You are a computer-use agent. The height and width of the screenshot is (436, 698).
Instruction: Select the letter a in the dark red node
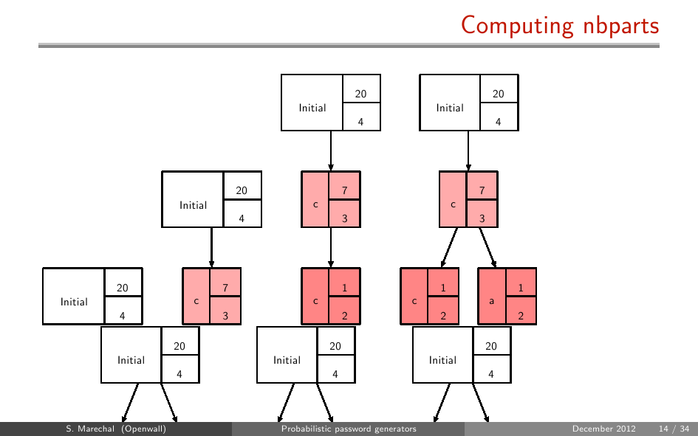point(491,302)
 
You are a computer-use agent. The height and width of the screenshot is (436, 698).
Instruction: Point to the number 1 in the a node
point(521,288)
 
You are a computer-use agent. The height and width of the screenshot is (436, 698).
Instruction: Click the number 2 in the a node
point(521,316)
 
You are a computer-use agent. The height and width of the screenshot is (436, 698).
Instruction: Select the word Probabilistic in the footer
point(306,429)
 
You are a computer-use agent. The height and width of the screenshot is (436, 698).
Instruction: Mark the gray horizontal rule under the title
point(349,45)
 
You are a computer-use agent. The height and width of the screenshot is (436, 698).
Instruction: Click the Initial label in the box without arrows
point(74,302)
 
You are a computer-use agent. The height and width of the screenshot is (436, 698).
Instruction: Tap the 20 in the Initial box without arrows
point(123,288)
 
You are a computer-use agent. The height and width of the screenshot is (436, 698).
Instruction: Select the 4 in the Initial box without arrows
point(123,316)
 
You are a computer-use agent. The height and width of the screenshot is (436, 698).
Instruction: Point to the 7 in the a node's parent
point(482,190)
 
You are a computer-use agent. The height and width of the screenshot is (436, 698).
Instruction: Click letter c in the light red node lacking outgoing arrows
point(196,302)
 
